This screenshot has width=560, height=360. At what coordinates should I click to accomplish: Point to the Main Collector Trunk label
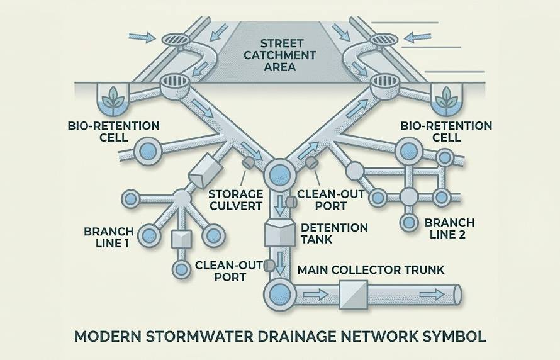[x=371, y=270]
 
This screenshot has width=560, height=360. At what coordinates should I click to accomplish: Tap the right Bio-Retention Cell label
[x=446, y=132]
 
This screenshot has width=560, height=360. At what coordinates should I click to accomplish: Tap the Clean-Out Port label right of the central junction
[x=330, y=200]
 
